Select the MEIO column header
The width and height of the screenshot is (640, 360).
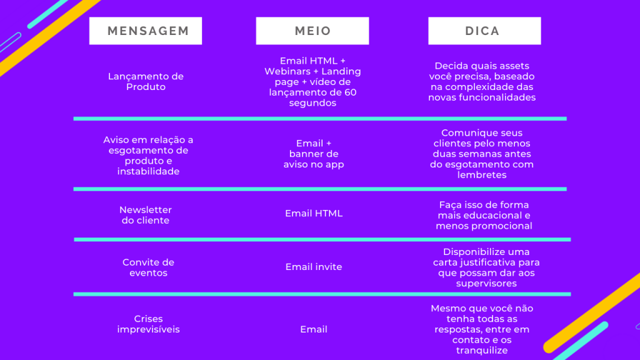312,31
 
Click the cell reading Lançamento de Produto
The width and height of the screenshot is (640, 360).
146,81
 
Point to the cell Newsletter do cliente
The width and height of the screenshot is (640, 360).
146,215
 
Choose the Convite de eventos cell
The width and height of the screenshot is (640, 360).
148,267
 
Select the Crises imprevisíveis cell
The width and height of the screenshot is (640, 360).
148,324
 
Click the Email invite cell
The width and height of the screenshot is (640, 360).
314,266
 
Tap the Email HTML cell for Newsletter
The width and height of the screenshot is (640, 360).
314,213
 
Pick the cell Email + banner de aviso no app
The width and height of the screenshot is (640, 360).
314,154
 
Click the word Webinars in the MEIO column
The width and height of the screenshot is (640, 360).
287,71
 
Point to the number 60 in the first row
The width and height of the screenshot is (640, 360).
351,92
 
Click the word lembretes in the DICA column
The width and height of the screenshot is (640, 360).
482,175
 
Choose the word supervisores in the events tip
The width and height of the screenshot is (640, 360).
486,283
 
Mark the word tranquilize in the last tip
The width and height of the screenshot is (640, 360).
482,350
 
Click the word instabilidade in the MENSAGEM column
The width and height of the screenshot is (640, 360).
148,171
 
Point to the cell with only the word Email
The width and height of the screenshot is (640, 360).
314,329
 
